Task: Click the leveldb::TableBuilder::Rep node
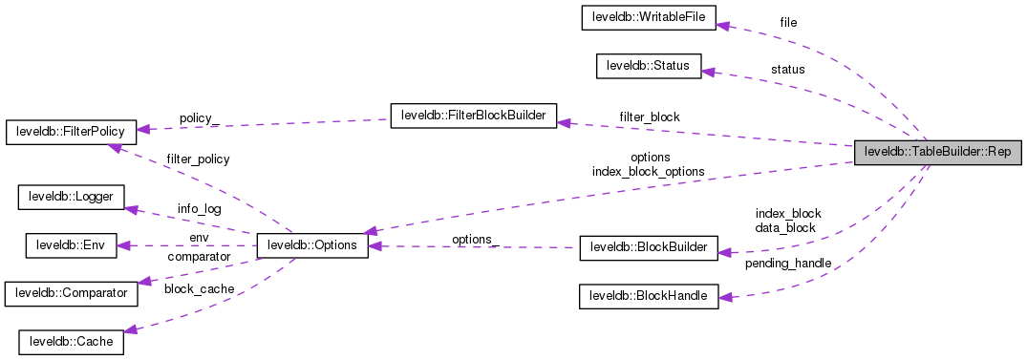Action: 937,152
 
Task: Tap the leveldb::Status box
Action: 648,66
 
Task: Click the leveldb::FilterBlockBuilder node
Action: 473,116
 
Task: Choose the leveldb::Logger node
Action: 72,198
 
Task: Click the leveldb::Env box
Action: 70,245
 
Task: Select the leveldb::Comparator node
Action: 71,293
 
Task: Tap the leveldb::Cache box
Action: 72,341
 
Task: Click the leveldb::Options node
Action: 312,245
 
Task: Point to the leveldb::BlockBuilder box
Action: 648,248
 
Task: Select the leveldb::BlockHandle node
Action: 648,296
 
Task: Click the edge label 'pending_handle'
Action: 788,263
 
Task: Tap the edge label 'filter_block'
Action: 650,116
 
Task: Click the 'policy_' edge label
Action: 199,117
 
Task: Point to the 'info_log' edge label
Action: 199,208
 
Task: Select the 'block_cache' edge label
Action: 198,288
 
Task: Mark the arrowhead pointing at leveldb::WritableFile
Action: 723,26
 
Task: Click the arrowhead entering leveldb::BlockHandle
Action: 724,297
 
